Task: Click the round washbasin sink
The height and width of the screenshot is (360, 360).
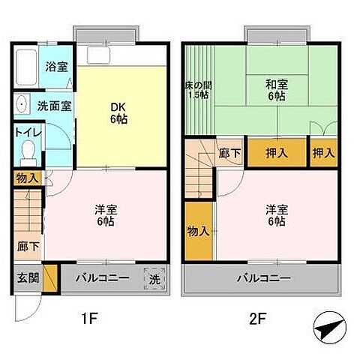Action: coord(22,106)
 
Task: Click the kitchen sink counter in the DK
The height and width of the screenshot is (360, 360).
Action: coord(112,56)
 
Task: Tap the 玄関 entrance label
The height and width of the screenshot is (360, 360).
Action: coord(24,278)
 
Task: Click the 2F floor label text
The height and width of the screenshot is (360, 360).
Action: coord(258,318)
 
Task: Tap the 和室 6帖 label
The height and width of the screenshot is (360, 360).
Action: coord(275,90)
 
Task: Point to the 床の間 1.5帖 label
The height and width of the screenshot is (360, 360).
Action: coord(197,90)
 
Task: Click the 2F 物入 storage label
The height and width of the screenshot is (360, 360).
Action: coord(197,232)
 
